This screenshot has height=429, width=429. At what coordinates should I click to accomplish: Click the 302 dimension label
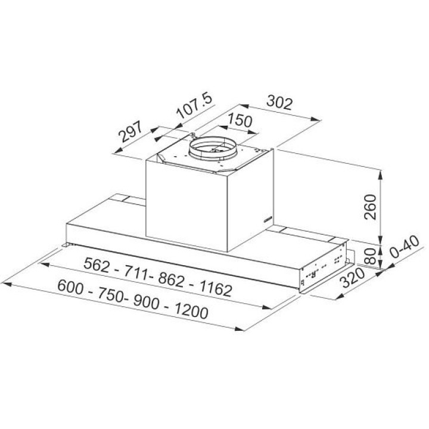click(x=279, y=102)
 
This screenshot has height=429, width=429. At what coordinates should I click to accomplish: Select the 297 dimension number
click(x=130, y=131)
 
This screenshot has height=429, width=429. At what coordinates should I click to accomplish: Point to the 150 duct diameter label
click(x=240, y=120)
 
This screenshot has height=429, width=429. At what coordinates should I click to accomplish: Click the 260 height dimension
click(x=371, y=207)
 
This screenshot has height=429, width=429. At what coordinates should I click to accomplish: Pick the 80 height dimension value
click(x=371, y=256)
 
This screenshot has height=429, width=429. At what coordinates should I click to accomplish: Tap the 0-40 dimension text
click(x=405, y=247)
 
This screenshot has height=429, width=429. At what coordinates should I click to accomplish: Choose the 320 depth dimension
click(x=353, y=278)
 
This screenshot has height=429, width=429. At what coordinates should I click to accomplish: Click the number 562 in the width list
click(x=97, y=265)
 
